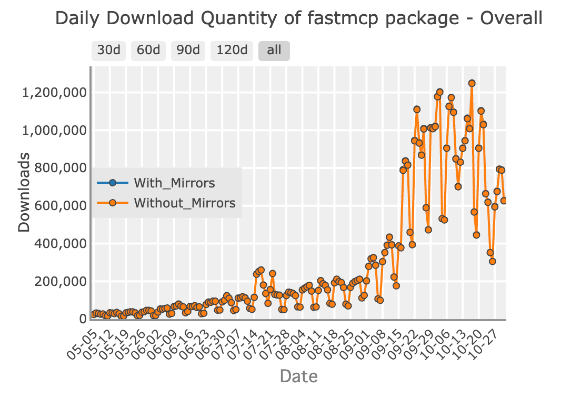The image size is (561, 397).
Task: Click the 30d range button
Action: pos(109,51)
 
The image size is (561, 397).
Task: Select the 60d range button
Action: pos(148,51)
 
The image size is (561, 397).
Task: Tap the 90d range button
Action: pos(188,51)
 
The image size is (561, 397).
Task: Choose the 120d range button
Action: pos(232,51)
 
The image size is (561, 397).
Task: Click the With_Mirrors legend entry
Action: pos(174,183)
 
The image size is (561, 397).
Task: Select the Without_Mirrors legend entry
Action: pos(184,203)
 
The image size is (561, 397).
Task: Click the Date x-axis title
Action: pos(298,376)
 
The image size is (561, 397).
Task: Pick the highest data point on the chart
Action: pos(472,83)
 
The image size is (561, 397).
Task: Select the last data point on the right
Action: pos(504,201)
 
